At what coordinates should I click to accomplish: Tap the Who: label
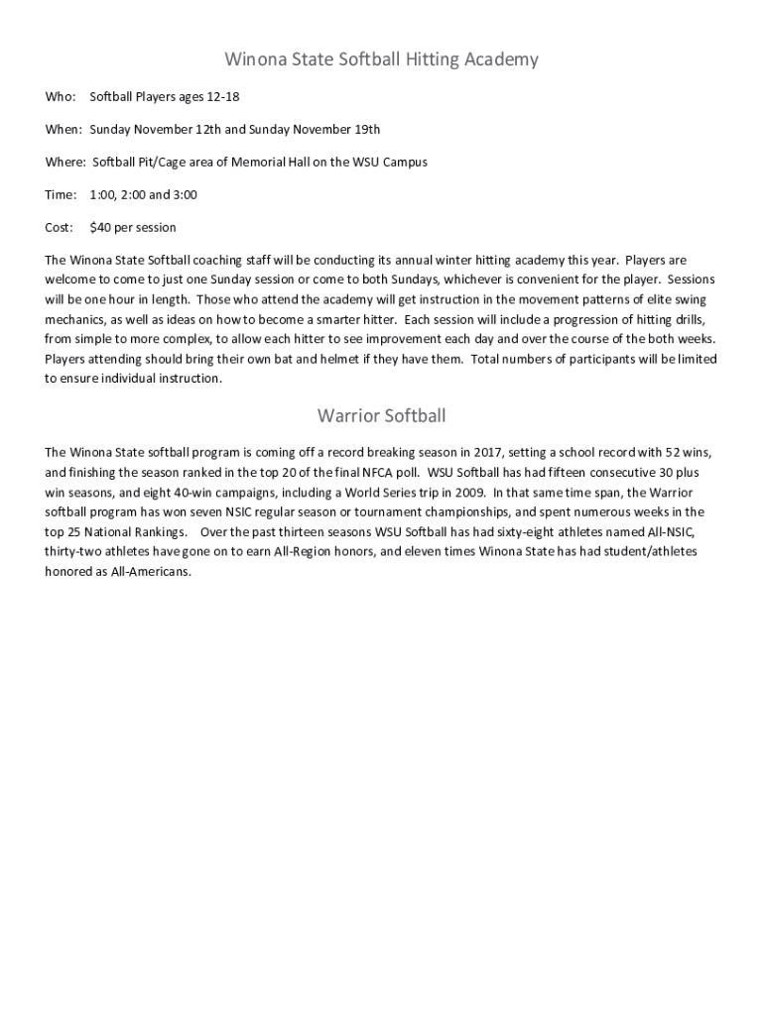[61, 97]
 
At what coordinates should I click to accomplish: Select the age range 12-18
[223, 97]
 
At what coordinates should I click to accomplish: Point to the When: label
[64, 130]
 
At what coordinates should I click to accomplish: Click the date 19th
[364, 130]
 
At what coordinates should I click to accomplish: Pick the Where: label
[65, 163]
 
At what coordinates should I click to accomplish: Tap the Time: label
[62, 195]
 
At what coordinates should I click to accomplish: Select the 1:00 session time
[102, 195]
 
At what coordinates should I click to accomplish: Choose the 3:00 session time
[185, 195]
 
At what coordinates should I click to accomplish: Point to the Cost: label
[60, 228]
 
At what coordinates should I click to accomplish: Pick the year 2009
[469, 493]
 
